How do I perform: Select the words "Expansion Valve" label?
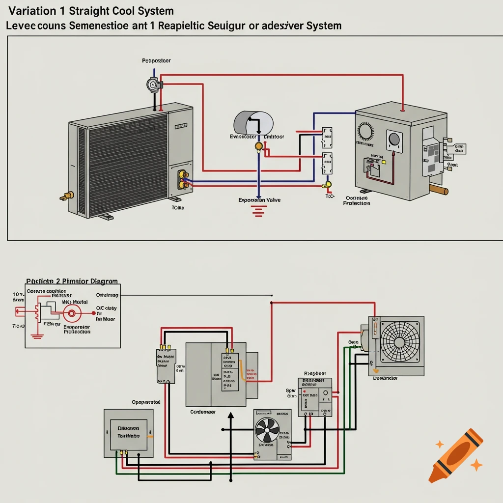259,200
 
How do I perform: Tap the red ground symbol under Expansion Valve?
257,211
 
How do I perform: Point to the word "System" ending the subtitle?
323,26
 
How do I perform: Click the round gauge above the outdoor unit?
153,85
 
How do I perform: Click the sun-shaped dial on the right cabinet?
365,132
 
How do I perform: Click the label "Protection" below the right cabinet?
356,203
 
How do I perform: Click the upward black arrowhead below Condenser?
230,417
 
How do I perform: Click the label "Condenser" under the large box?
203,412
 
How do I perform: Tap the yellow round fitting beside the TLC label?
328,185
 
